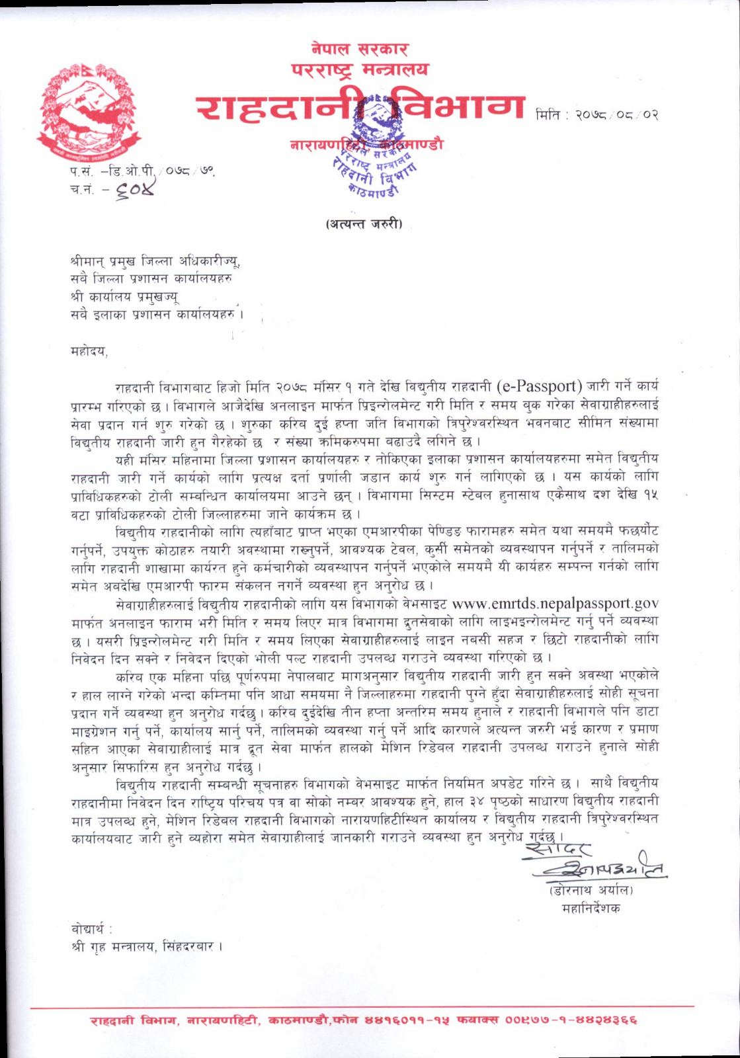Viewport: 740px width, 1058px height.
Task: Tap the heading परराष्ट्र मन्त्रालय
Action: click(x=360, y=69)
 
